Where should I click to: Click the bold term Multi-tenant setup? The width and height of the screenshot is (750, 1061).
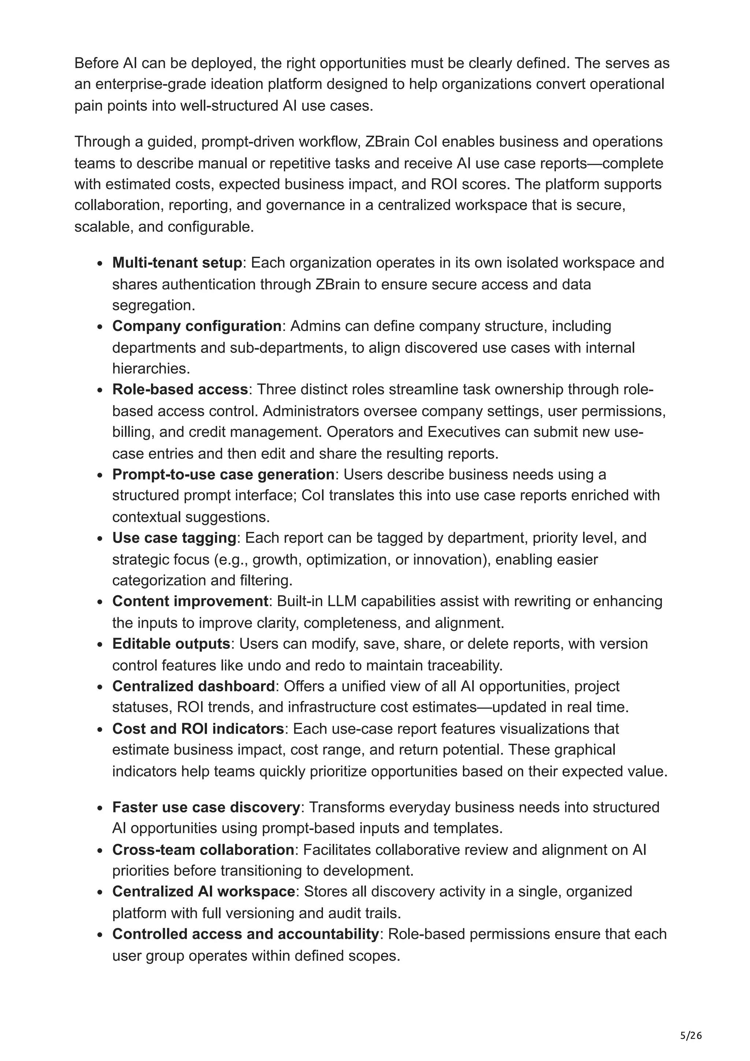click(x=177, y=263)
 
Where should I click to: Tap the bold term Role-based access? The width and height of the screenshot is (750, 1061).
click(x=180, y=389)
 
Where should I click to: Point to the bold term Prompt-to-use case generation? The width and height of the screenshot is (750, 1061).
click(x=223, y=474)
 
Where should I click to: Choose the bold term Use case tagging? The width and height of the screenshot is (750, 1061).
click(x=174, y=537)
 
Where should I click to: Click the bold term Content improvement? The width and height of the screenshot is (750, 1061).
click(x=190, y=601)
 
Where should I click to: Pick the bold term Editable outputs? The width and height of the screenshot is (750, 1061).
click(x=171, y=643)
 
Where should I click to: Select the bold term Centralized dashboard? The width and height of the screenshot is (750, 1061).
click(x=194, y=686)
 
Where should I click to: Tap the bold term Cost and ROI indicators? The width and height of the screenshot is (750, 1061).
click(x=198, y=728)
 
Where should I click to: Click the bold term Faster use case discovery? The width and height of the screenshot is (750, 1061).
click(x=206, y=807)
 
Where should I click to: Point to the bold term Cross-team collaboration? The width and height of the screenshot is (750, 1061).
click(x=203, y=849)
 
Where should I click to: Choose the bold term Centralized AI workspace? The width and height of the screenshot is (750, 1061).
click(x=203, y=891)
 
